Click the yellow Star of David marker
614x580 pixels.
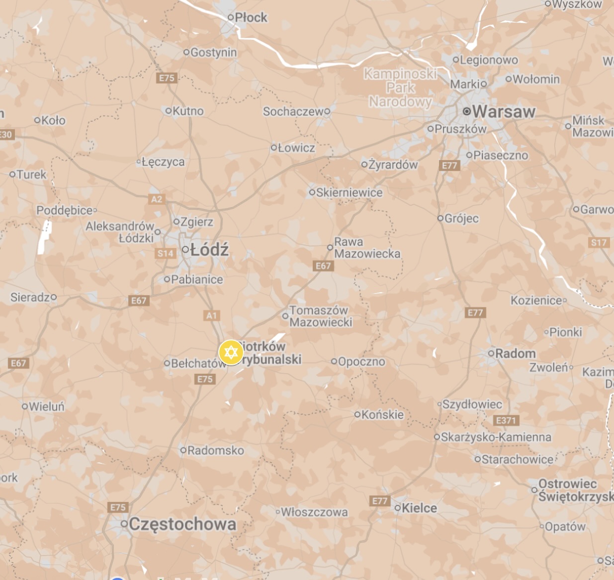coord(231,352)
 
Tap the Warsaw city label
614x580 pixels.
coord(503,111)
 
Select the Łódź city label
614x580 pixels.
coord(209,249)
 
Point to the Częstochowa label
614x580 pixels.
coord(182,524)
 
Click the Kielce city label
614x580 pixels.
coord(419,508)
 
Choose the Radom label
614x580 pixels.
coord(516,353)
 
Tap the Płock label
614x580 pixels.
coord(251,17)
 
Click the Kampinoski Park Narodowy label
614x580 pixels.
coord(400,88)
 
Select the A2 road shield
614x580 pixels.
coord(156,199)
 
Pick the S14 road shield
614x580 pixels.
coord(166,253)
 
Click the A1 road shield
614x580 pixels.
coord(212,315)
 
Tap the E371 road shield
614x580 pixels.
coord(507,420)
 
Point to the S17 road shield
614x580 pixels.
coord(599,243)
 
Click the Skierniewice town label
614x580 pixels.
coord(350,192)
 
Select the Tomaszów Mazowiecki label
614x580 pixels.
coord(321,316)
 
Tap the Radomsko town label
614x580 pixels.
coord(216,450)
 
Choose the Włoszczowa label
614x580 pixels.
coord(314,512)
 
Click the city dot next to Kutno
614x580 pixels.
coord(168,111)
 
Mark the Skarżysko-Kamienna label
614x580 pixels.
coord(496,437)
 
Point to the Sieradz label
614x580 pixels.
coord(30,297)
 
